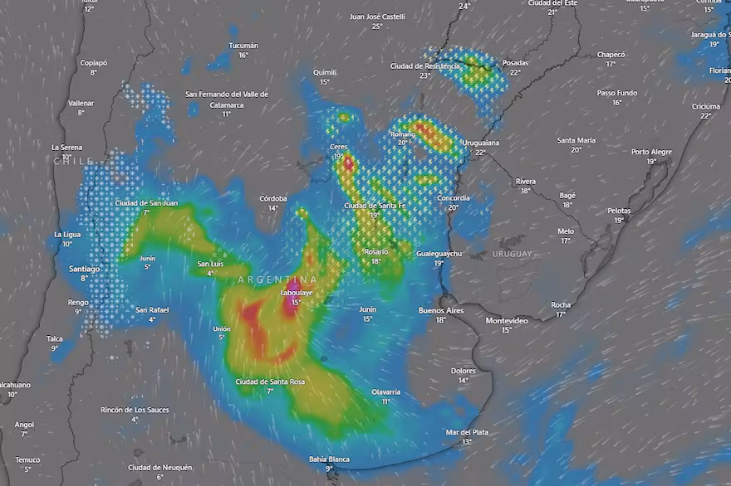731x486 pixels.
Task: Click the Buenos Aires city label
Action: (x=441, y=310)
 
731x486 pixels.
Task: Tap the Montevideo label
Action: (x=507, y=320)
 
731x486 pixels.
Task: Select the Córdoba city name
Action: (x=272, y=198)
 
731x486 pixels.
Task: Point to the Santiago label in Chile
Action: (x=84, y=269)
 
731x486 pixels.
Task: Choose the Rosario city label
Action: (x=376, y=251)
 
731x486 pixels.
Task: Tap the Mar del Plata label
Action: (x=467, y=432)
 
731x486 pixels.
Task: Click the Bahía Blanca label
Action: (x=329, y=459)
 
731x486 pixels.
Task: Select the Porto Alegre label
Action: (x=651, y=152)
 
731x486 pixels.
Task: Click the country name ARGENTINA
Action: (x=277, y=279)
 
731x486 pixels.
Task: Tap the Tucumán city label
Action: (x=243, y=46)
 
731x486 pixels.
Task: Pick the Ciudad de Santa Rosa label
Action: (x=269, y=382)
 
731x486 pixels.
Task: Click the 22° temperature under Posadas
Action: (x=515, y=72)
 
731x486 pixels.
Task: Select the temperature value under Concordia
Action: (x=453, y=207)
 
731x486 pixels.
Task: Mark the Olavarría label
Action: (x=385, y=391)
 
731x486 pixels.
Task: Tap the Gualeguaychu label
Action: (x=439, y=253)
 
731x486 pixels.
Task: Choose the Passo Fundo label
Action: (x=617, y=93)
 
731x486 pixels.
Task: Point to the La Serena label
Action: (x=66, y=147)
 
